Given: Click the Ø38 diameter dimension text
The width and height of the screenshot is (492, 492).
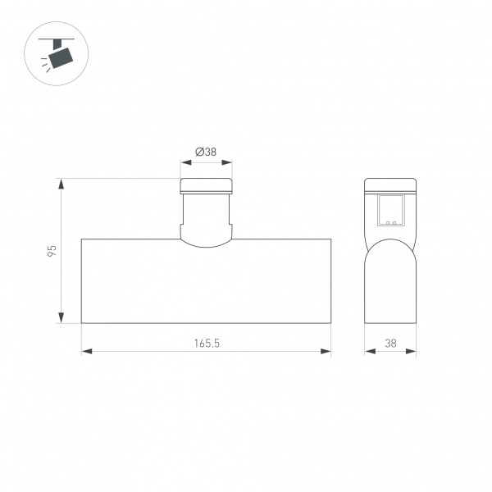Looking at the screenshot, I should pos(206,152).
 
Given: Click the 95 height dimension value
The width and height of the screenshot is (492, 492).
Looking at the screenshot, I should pos(52,251).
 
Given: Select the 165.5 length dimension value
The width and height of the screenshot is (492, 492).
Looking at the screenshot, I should pos(207,344).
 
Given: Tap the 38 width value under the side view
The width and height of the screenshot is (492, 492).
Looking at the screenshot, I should pos(390,344).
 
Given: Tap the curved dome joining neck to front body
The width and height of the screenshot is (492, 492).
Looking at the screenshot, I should pos(207,240).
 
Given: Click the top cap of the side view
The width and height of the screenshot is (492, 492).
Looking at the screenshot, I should pos(390,184).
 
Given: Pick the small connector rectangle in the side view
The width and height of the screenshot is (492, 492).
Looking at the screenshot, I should pos(390,210).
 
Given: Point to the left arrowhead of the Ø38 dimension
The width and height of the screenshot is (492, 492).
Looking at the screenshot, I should pos(184,162).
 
